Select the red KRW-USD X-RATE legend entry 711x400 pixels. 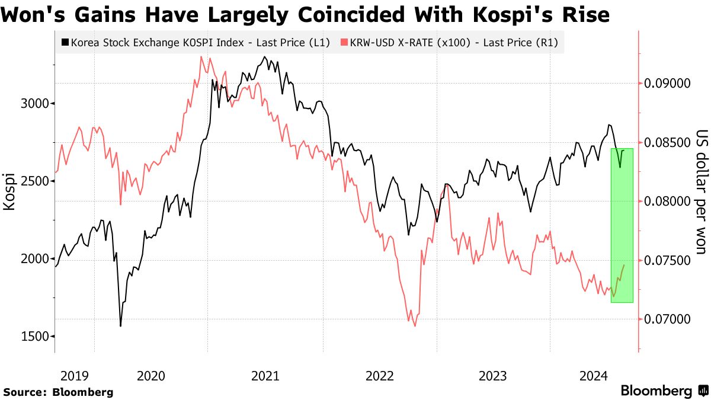pyautogui.click(x=450, y=43)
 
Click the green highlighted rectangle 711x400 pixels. pyautogui.click(x=622, y=225)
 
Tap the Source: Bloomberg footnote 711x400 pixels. pyautogui.click(x=58, y=392)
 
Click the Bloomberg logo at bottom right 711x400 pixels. pyautogui.click(x=663, y=391)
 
